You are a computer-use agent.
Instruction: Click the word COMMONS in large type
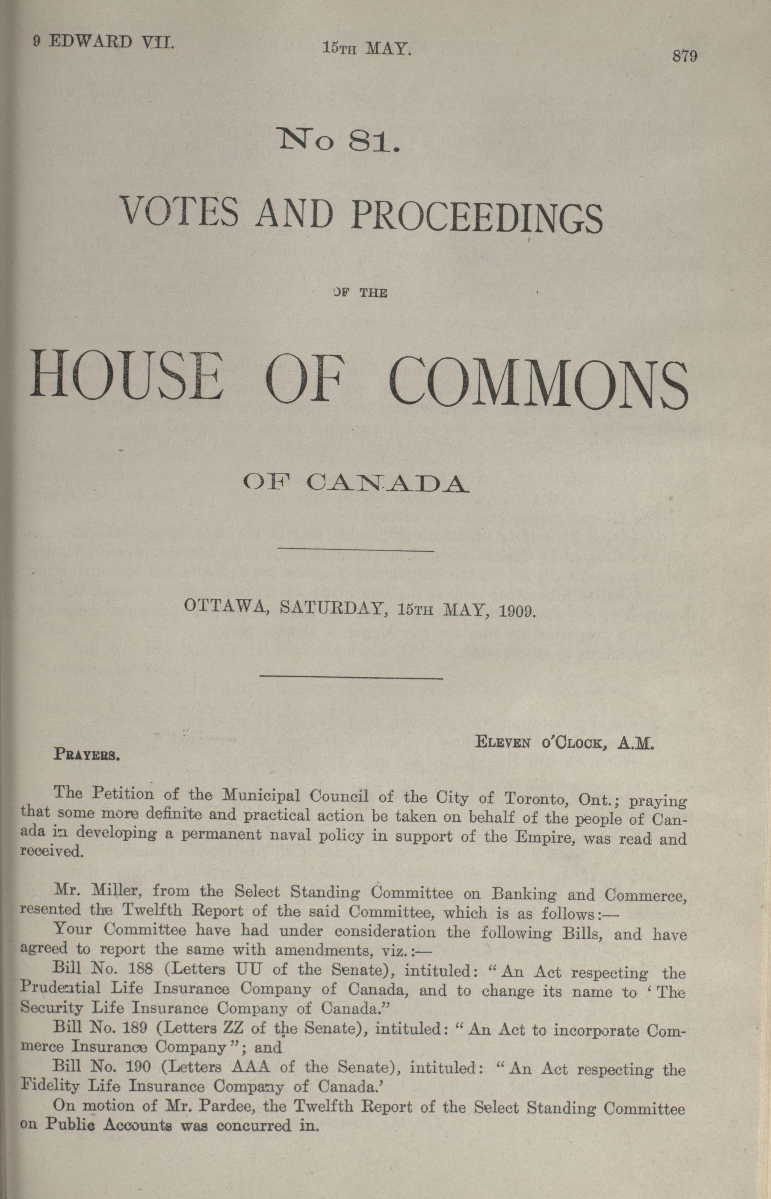[539, 381]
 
